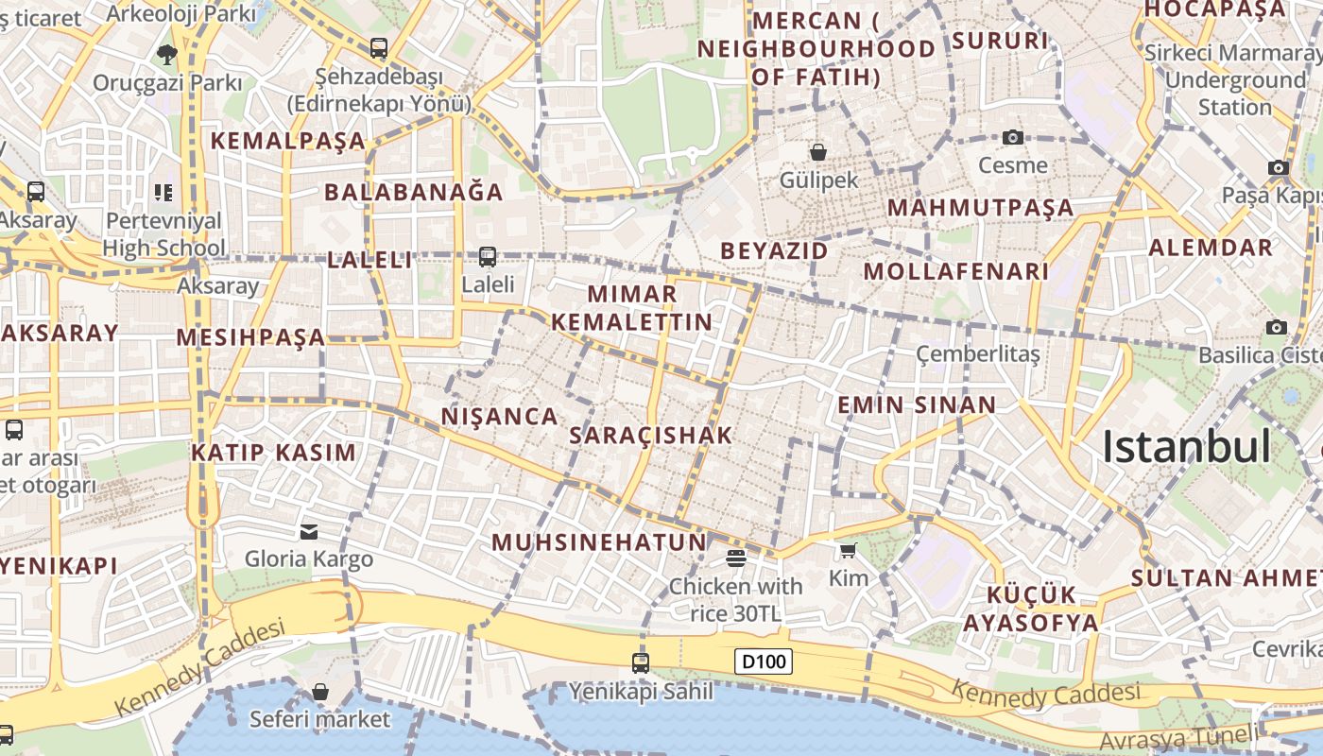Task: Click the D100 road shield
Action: point(764,661)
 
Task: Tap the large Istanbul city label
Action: point(1186,447)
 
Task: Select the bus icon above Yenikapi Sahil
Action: point(641,662)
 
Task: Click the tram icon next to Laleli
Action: point(488,256)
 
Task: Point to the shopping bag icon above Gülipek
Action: point(818,151)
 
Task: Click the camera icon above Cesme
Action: point(1013,137)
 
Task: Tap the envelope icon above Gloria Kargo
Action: point(309,531)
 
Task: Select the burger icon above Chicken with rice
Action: point(736,558)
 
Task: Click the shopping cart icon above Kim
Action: point(848,550)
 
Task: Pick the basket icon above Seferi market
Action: point(320,692)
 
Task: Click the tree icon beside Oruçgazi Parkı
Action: point(167,54)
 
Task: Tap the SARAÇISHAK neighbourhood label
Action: point(651,435)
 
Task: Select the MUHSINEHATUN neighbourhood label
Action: point(599,542)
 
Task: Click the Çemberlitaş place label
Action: point(977,353)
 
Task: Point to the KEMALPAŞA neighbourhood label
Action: point(287,141)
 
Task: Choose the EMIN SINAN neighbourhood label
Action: point(917,405)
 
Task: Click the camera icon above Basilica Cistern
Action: point(1277,327)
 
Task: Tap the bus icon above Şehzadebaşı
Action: point(379,47)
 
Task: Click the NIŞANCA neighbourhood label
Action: point(499,416)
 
